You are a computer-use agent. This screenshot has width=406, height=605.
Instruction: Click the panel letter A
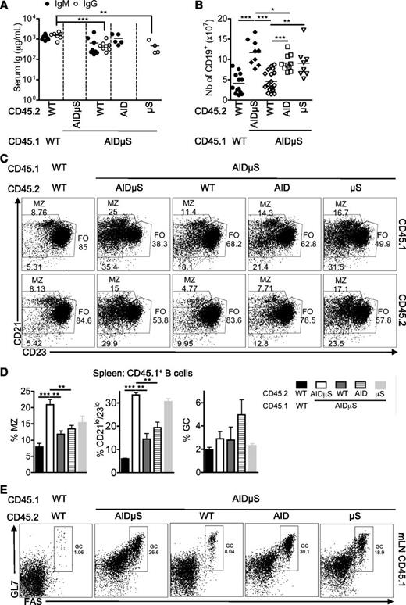7,7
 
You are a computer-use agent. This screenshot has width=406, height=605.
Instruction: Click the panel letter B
211,7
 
